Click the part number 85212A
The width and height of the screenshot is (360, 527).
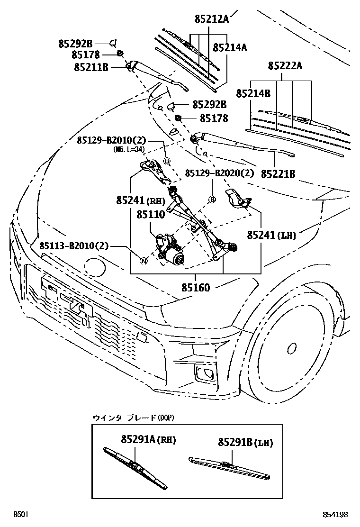[x=211, y=19]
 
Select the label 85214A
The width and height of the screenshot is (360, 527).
[x=230, y=48]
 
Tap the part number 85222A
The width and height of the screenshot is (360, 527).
[x=285, y=65]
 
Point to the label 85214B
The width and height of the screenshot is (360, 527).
[x=253, y=94]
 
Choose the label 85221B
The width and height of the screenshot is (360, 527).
[x=279, y=174]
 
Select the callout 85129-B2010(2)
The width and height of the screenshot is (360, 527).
[x=112, y=140]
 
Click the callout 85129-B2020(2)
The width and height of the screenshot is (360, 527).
[x=219, y=173]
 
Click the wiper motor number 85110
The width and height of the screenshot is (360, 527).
[x=151, y=215]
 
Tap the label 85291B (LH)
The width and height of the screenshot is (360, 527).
[x=245, y=443]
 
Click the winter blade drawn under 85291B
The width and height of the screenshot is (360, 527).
[x=229, y=467]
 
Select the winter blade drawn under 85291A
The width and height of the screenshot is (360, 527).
[x=135, y=468]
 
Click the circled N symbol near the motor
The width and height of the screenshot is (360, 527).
[x=144, y=260]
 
